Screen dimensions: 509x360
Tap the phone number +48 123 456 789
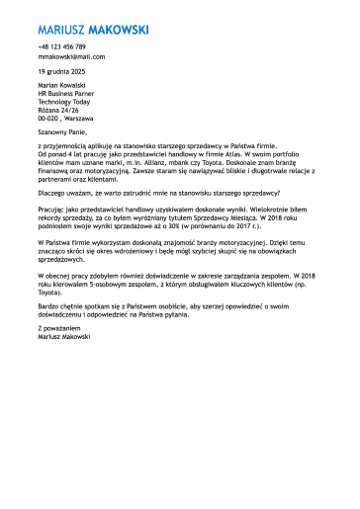62,46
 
